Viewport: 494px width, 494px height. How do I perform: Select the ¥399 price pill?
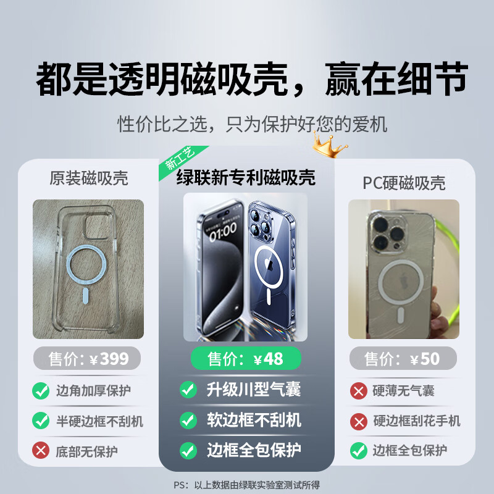click(x=86, y=358)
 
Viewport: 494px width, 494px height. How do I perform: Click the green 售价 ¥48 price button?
click(x=246, y=358)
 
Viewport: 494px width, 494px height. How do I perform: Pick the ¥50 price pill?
click(x=403, y=358)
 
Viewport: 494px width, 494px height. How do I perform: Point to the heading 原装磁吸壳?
click(x=89, y=179)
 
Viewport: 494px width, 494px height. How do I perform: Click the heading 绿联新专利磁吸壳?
click(x=246, y=178)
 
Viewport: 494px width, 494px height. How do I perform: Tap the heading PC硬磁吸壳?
click(x=404, y=183)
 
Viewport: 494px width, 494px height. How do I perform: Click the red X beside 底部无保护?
click(x=41, y=451)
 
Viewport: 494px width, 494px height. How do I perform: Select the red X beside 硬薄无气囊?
click(x=358, y=390)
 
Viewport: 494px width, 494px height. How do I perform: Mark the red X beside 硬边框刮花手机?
click(x=358, y=421)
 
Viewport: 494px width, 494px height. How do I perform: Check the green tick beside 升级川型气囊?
click(x=188, y=390)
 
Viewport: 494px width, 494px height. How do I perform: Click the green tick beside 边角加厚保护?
click(x=41, y=390)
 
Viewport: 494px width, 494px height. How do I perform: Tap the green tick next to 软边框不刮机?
click(x=188, y=420)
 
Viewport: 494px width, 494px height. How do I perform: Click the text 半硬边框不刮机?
click(x=99, y=421)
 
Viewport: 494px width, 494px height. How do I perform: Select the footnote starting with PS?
click(x=247, y=485)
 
